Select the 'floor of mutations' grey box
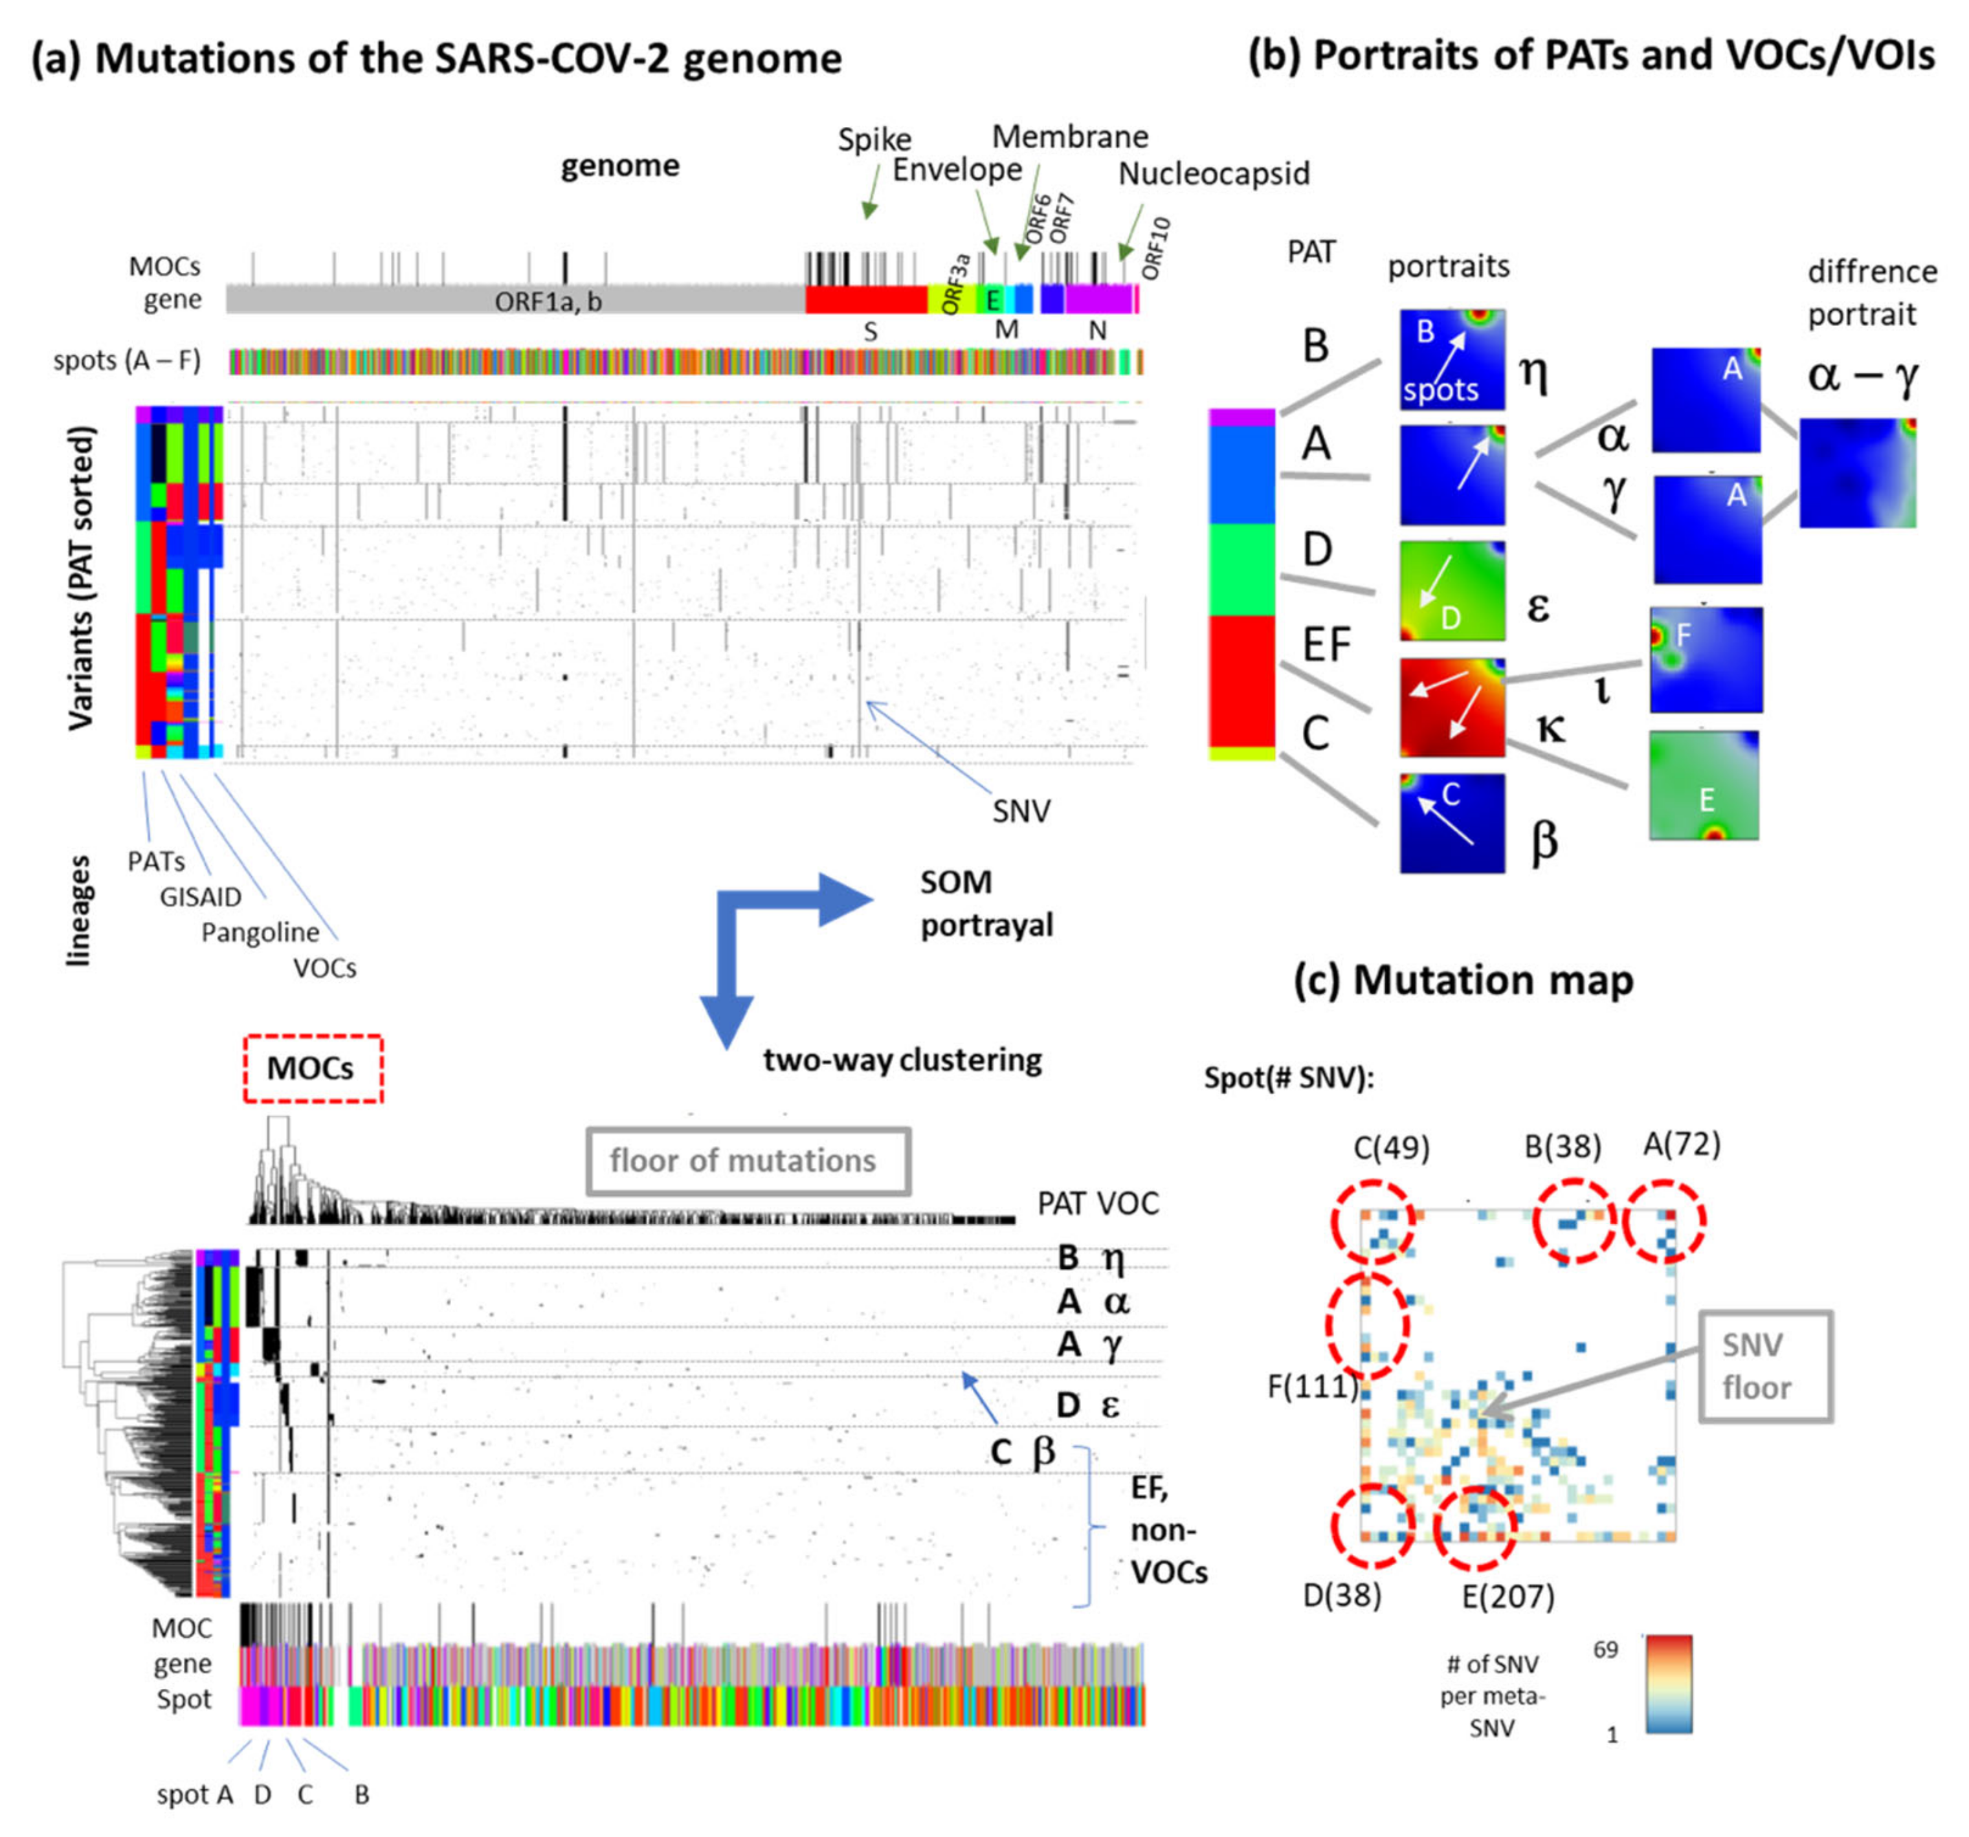pos(748,1161)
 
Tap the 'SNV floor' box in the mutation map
pos(1765,1368)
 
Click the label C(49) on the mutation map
pos(1392,1148)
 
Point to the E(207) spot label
pos(1507,1596)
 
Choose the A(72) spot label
pos(1682,1145)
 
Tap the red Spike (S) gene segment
pos(865,299)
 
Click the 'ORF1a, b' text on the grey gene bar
pos(548,301)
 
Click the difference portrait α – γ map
pos(1857,472)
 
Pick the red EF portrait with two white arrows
pos(1452,708)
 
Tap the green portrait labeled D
pos(1452,591)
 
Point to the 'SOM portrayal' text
pos(986,903)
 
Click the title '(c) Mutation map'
pos(1464,980)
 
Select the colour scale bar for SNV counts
pos(1668,1684)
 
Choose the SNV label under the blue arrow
pos(1021,811)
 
